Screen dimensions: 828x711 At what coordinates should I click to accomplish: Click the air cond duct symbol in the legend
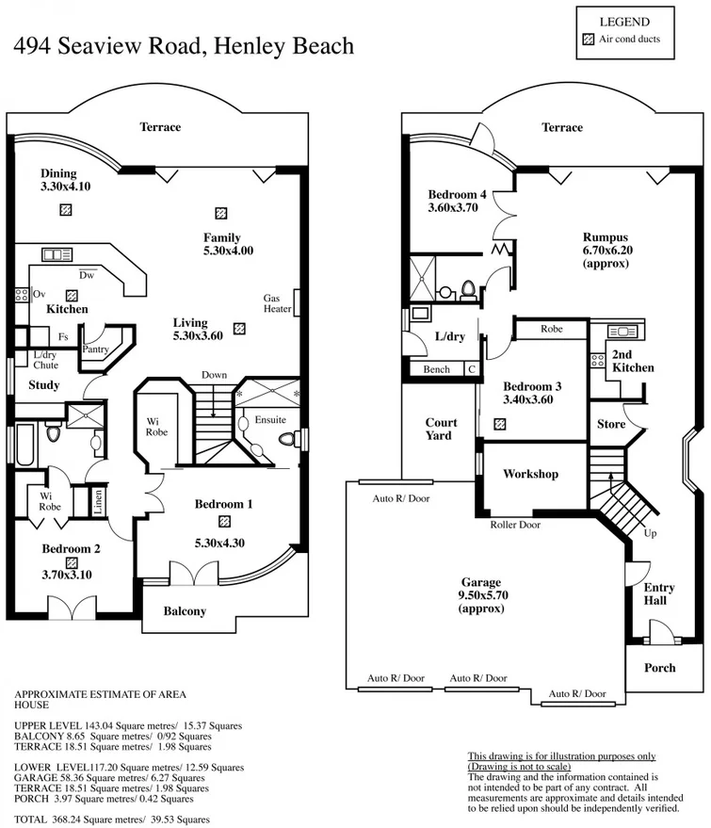click(588, 40)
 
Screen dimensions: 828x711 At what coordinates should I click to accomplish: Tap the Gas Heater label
click(276, 303)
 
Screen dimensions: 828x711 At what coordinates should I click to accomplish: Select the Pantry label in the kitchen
click(96, 349)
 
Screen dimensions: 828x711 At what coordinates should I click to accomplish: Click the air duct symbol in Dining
click(65, 211)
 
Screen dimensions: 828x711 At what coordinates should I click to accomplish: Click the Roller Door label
click(515, 526)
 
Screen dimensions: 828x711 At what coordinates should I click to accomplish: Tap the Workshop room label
click(530, 474)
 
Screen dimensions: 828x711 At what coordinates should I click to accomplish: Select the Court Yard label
click(441, 429)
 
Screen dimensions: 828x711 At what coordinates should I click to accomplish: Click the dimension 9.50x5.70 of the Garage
click(480, 595)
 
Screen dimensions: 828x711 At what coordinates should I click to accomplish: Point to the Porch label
click(659, 668)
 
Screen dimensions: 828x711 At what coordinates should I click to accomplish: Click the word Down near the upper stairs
click(214, 375)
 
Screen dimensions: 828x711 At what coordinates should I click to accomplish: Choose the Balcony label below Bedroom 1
click(185, 611)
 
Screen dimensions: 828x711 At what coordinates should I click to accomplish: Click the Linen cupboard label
click(98, 502)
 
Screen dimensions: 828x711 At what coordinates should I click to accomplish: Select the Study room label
click(43, 385)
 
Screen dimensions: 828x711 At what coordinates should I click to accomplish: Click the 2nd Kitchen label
click(632, 361)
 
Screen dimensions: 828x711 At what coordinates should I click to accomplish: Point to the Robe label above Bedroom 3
click(552, 330)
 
